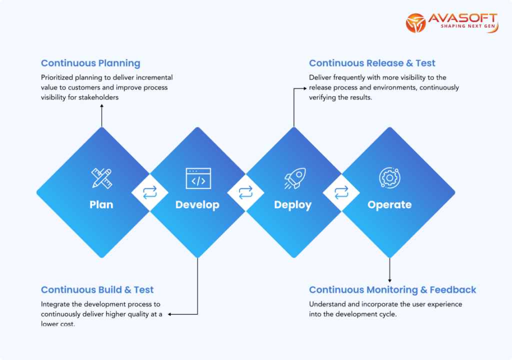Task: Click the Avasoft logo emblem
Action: (416, 23)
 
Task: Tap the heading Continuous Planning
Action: (90, 63)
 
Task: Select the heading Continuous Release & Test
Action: (372, 63)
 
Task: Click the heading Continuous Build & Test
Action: (97, 289)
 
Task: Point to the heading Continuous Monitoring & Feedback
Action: (392, 289)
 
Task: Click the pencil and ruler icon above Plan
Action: (101, 178)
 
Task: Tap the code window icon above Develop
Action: (198, 178)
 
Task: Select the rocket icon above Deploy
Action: (293, 178)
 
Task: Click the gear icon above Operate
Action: (389, 178)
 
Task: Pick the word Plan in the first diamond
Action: (101, 204)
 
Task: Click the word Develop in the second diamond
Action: (197, 204)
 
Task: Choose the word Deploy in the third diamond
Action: (293, 204)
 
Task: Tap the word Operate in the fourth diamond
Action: (389, 204)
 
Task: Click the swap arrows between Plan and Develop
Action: (150, 192)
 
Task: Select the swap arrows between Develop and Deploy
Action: (245, 192)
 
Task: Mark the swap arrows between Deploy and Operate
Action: (341, 192)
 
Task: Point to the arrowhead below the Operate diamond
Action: (389, 280)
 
